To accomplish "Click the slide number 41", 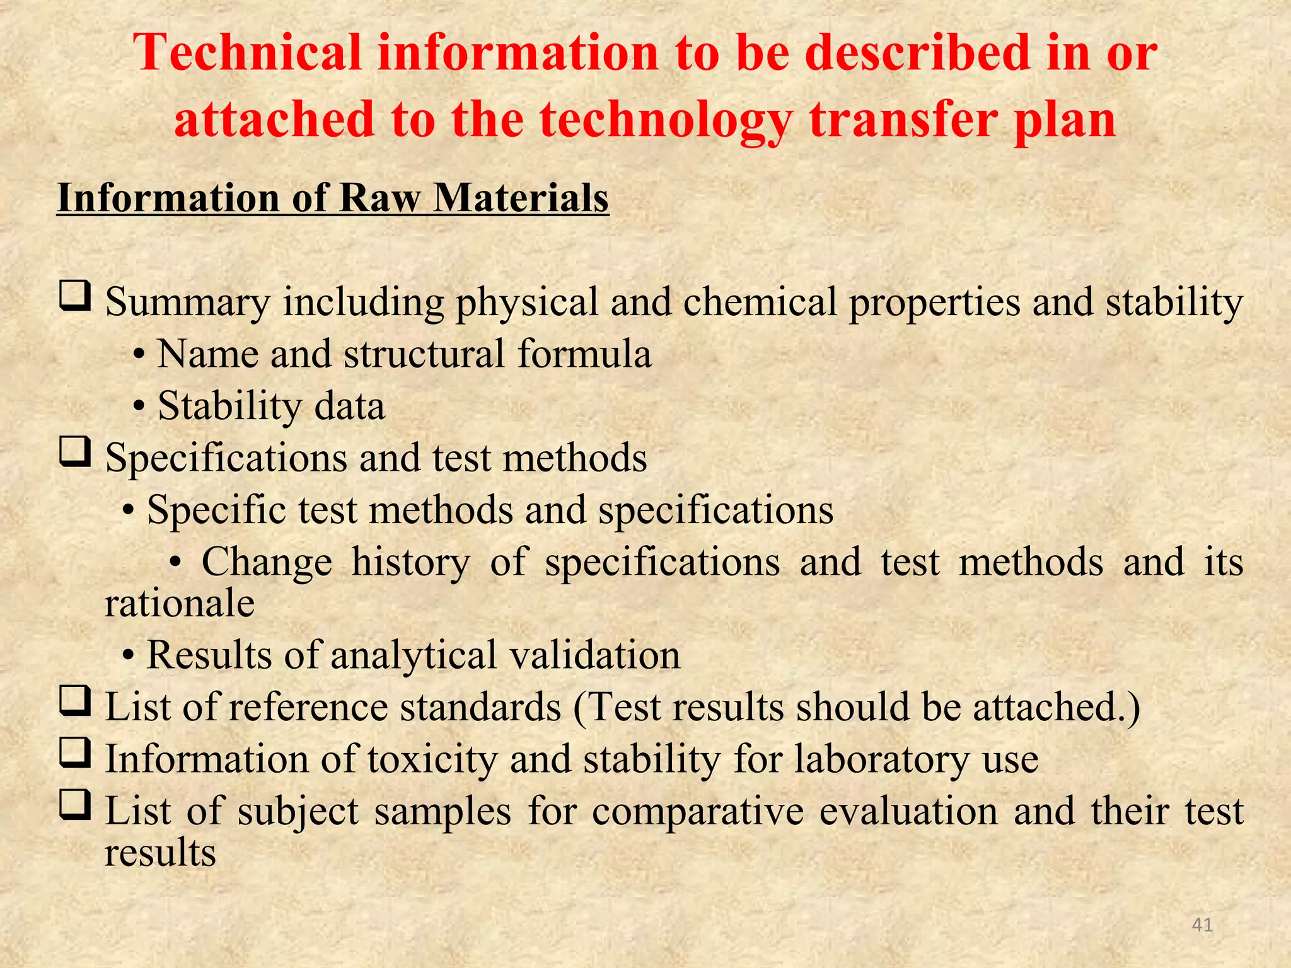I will coord(1203,925).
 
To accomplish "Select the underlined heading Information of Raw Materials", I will coord(333,199).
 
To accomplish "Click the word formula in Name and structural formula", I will coord(584,354).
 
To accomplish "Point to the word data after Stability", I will coord(349,406).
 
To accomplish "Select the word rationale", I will coord(180,604).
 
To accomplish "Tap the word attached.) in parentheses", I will coord(1057,707).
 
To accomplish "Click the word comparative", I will coord(698,811).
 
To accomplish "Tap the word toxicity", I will coord(432,759).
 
